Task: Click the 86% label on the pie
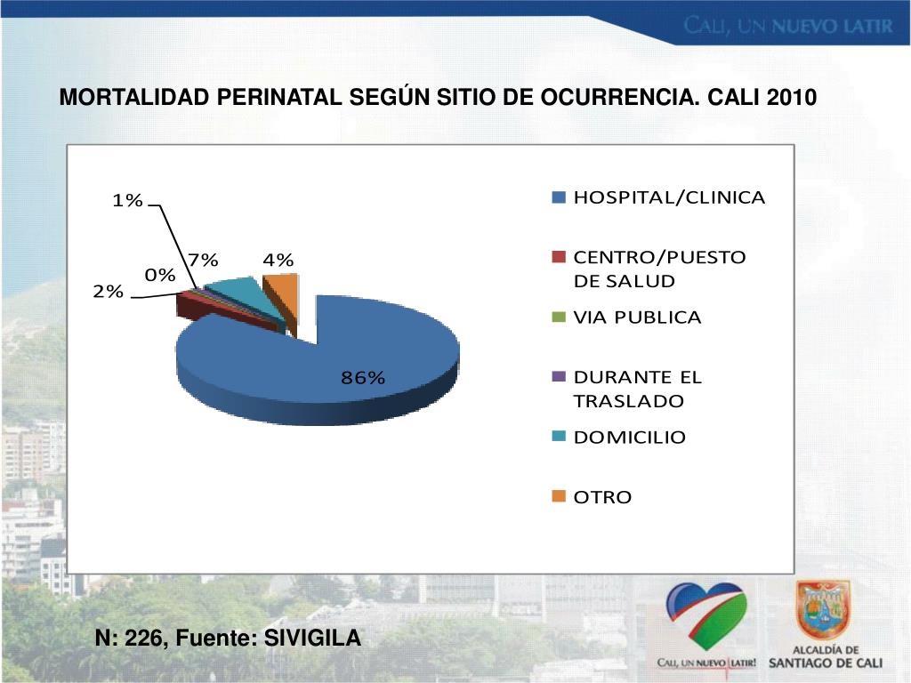[x=363, y=378]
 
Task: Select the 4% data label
[x=278, y=260]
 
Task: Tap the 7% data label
[x=203, y=260]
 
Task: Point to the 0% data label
[x=160, y=276]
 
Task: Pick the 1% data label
[x=127, y=200]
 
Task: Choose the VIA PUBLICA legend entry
[x=636, y=317]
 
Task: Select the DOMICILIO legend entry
[x=629, y=438]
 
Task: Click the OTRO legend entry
[x=601, y=497]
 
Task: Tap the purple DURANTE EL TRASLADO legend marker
[x=559, y=377]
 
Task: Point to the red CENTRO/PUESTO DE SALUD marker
[x=559, y=258]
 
